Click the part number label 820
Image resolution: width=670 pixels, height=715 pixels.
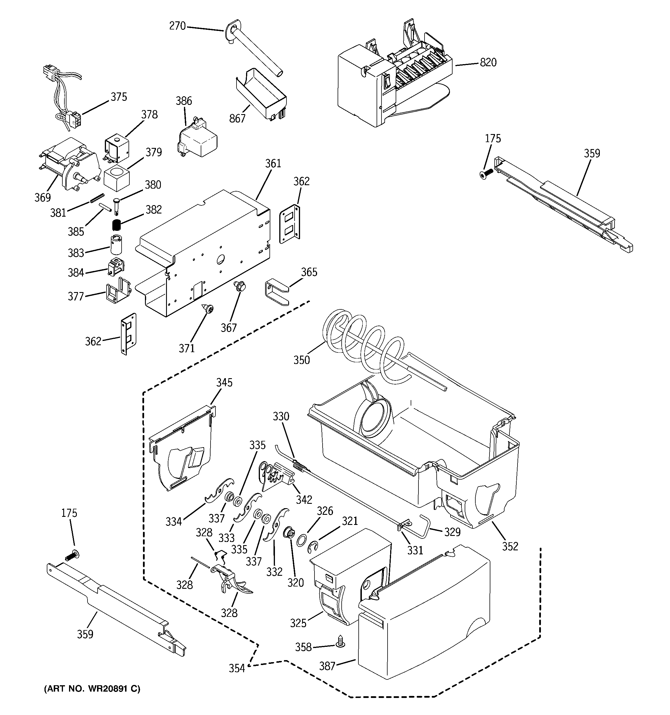(x=488, y=63)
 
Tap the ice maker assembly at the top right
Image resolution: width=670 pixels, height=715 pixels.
(x=392, y=83)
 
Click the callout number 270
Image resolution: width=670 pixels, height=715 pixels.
(x=177, y=26)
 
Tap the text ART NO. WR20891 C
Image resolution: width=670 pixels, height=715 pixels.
(x=92, y=688)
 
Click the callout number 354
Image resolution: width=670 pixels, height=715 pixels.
(x=237, y=668)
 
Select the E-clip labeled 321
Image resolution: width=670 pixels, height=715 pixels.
(x=314, y=547)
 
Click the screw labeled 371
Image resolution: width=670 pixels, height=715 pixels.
(x=208, y=308)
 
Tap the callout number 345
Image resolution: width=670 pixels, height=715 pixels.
(x=224, y=382)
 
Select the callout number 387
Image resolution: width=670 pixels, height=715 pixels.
(x=327, y=666)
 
